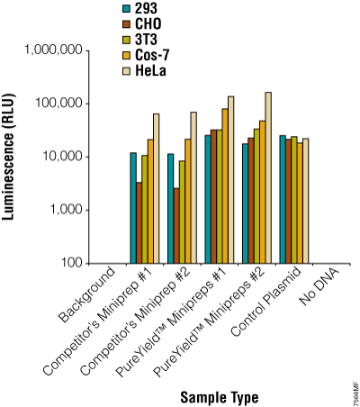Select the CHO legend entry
(x=149, y=24)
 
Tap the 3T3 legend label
(x=148, y=40)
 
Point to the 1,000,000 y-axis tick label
(x=50, y=51)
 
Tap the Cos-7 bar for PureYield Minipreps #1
(x=223, y=185)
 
